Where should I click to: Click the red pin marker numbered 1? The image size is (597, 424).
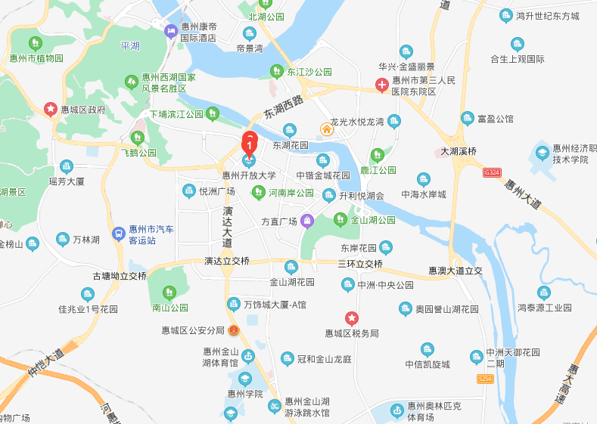[250, 141]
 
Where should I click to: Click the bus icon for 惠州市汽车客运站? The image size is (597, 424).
[118, 234]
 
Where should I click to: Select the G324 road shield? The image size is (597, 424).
[493, 172]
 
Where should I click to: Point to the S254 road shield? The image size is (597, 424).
[485, 378]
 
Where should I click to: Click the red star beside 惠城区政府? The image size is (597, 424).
[51, 109]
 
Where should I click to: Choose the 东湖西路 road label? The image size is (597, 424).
[283, 108]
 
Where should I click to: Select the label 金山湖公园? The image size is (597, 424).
[373, 221]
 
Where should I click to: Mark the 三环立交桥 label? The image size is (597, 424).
[360, 264]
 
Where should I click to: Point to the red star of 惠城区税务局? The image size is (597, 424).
[351, 318]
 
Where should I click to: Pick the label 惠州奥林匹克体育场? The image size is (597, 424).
[431, 410]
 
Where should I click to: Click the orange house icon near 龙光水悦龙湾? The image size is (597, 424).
[327, 128]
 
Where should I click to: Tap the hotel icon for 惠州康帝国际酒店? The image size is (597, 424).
[171, 30]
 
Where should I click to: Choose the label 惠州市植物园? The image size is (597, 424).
[36, 57]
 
